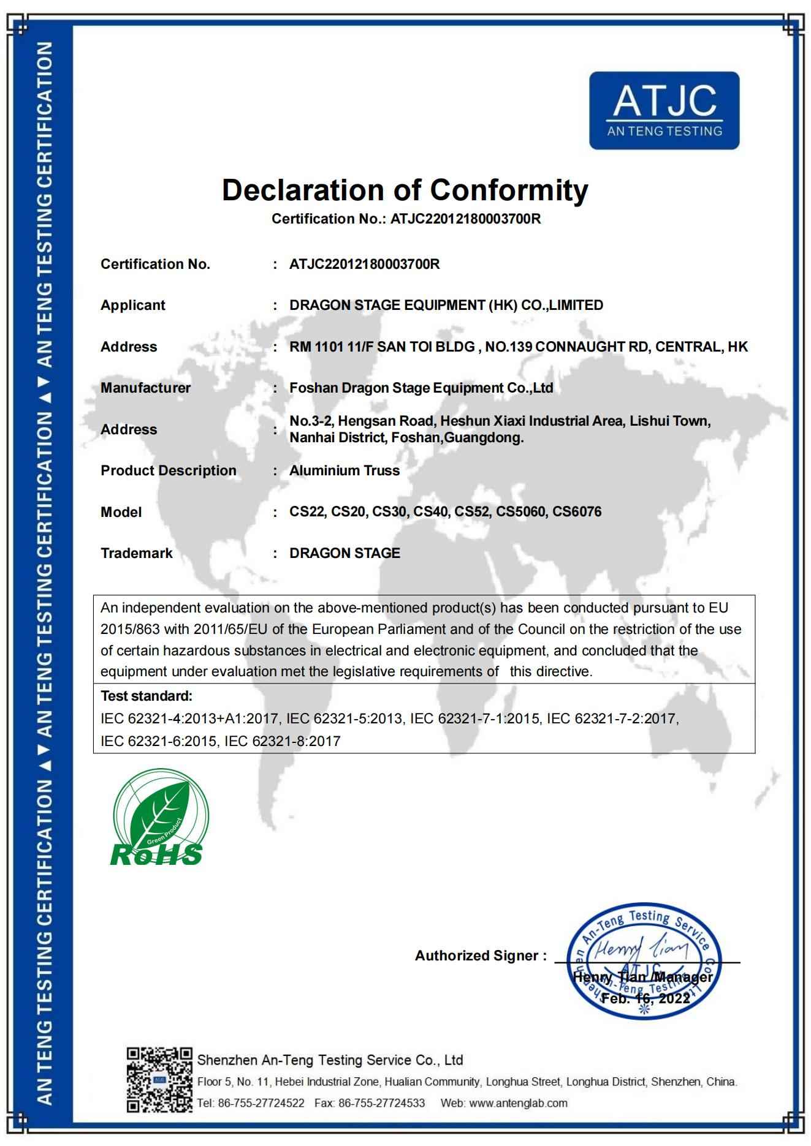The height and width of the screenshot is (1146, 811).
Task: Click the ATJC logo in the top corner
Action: pos(664,110)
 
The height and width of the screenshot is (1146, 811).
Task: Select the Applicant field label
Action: pos(133,305)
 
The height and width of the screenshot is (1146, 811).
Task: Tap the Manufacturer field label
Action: pos(145,388)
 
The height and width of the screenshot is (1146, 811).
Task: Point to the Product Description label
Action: pos(169,470)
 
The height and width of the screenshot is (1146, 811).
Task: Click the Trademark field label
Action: pos(137,553)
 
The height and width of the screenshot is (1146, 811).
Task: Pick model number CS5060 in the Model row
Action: pos(520,511)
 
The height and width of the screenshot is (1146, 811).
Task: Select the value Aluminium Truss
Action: pos(345,470)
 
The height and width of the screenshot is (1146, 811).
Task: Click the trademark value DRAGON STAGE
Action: pos(345,553)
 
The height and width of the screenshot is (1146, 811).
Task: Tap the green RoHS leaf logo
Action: pos(158,818)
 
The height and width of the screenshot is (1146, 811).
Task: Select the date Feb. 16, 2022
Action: pos(645,998)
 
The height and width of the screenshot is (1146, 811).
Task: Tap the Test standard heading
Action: pos(147,696)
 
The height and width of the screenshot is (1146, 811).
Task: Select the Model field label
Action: pos(121,512)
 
